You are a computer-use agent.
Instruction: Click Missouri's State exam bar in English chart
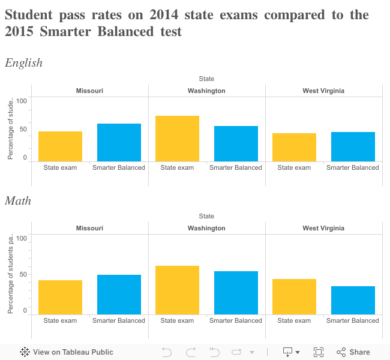60,146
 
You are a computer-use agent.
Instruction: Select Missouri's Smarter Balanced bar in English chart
119,142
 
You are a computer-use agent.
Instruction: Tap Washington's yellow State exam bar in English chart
177,138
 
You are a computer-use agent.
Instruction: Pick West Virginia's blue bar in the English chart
353,146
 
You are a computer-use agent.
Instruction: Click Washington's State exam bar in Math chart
177,290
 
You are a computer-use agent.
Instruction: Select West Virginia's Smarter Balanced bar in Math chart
353,300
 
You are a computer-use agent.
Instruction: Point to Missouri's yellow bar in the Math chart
60,297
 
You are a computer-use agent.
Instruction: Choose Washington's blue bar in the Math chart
236,293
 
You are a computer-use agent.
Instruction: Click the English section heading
24,63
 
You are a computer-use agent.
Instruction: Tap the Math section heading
18,201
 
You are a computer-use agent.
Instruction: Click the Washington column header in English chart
206,91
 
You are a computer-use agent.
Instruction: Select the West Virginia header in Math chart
323,228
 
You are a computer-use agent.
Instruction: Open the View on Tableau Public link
67,352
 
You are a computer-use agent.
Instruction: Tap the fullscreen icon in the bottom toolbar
319,352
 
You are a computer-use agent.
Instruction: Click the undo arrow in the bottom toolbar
167,352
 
